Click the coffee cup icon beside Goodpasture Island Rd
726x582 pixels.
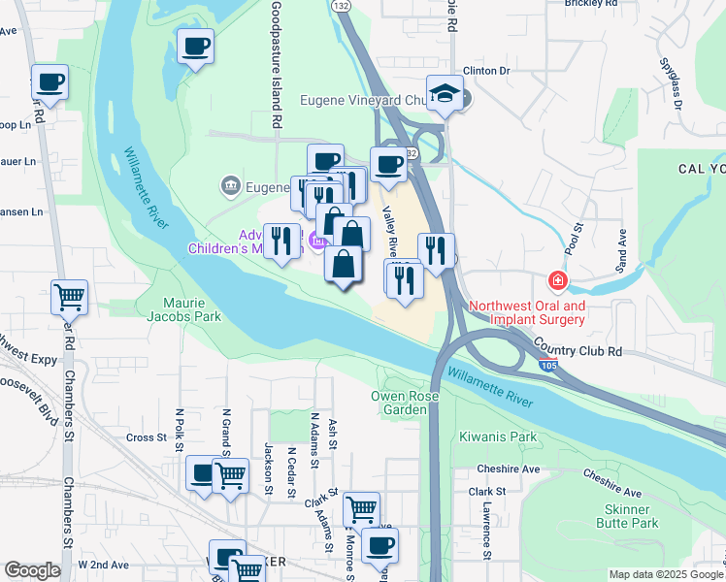(x=196, y=46)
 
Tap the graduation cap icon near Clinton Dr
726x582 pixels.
(x=444, y=94)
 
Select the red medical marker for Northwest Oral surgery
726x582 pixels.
(x=557, y=281)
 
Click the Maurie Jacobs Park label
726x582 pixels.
(x=184, y=308)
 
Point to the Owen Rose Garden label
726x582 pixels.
(x=406, y=403)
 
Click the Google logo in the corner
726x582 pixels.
(x=32, y=570)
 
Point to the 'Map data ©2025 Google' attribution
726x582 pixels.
(x=666, y=574)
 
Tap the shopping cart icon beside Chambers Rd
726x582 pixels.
(x=69, y=297)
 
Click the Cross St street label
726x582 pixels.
(x=147, y=437)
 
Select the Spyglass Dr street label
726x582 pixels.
(x=668, y=81)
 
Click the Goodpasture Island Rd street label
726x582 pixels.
(x=277, y=64)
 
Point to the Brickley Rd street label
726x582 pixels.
(x=591, y=4)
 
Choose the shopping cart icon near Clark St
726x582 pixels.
(x=361, y=508)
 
